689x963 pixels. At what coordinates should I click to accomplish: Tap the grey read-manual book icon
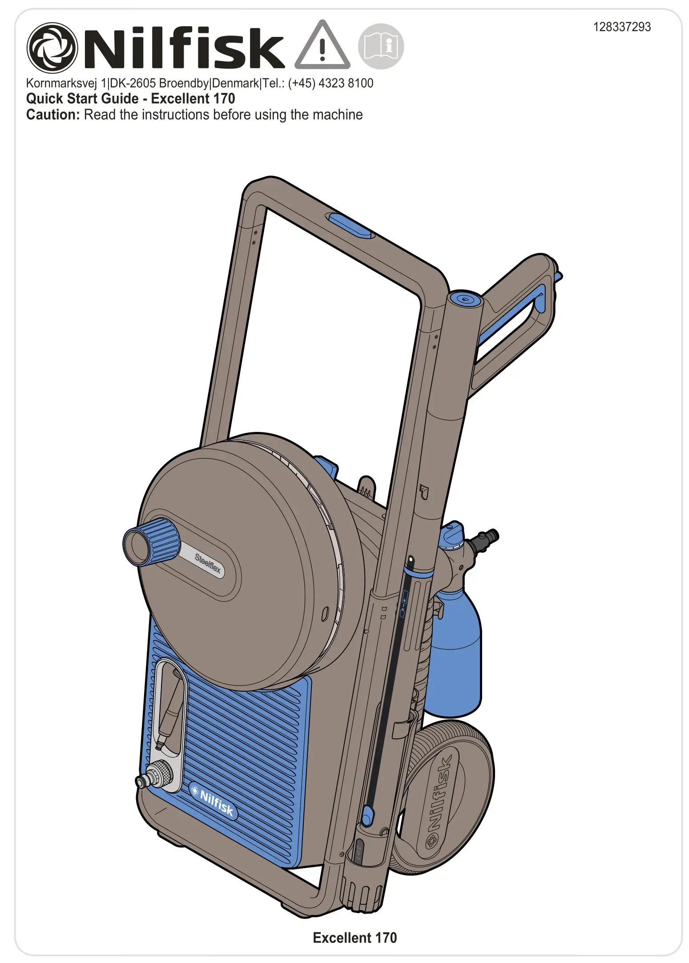click(x=381, y=46)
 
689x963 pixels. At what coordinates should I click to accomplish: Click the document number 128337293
click(x=621, y=27)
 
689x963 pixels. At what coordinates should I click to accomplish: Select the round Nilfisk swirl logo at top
click(x=52, y=48)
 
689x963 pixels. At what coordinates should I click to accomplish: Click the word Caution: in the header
click(x=53, y=115)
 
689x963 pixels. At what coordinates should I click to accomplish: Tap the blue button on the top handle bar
click(x=350, y=226)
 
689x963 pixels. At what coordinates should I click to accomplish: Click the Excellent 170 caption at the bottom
click(x=355, y=938)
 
